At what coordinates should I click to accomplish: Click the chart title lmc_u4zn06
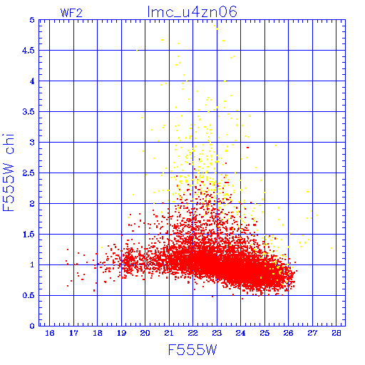coord(192,12)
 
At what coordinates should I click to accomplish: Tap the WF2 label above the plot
coord(71,13)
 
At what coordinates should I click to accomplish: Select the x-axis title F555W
coord(192,350)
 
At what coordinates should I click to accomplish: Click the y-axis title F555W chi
coord(9,173)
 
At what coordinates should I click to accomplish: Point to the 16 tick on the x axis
coord(49,333)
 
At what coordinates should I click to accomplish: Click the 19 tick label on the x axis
coord(121,333)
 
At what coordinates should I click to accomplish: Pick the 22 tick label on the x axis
coord(193,333)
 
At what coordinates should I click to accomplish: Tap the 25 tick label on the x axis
coord(264,333)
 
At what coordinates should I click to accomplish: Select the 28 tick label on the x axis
coord(336,333)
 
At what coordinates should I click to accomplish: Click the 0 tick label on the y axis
coord(32,326)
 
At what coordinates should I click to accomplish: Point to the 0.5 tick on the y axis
coord(29,295)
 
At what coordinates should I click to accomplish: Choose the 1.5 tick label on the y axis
coord(29,235)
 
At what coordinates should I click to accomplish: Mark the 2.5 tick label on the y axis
coord(29,173)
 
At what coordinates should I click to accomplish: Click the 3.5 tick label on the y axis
coord(29,112)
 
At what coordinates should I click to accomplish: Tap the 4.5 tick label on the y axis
coord(29,51)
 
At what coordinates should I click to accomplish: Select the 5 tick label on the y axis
coord(32,20)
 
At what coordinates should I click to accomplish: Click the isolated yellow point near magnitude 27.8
coord(331,248)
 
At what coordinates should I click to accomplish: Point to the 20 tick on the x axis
coord(145,333)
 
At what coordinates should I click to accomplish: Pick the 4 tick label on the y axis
coord(32,81)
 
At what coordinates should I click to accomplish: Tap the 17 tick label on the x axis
coord(73,333)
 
